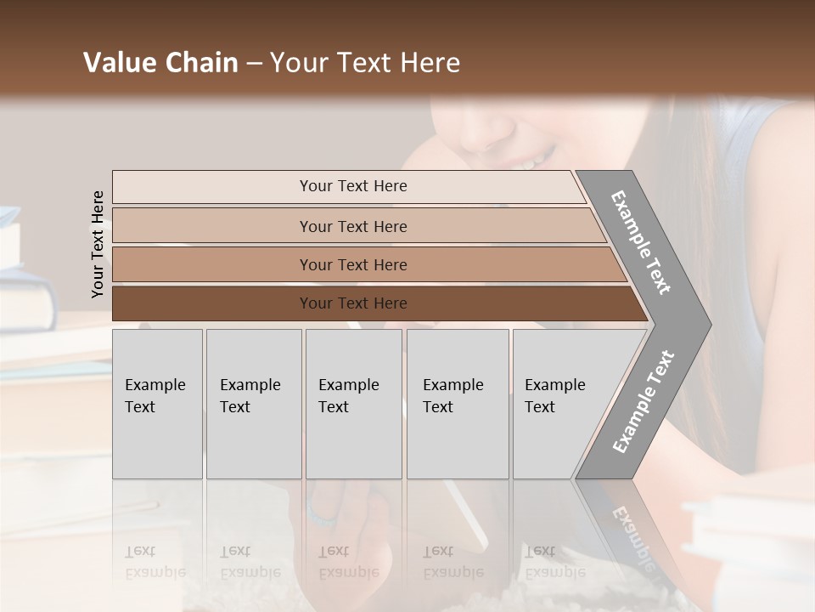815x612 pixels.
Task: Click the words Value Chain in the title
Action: pos(160,63)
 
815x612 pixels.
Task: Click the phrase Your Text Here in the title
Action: pos(365,63)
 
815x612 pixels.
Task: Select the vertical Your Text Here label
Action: pos(98,244)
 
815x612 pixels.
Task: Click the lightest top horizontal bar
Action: pos(353,186)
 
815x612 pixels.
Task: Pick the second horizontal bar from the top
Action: pos(353,226)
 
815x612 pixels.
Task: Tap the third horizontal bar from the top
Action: pos(353,264)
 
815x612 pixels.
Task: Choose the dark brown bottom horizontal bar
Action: pos(353,303)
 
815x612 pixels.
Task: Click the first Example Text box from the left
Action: pos(157,404)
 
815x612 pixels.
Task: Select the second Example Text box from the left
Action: pos(254,404)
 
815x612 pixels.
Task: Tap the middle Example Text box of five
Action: pos(353,404)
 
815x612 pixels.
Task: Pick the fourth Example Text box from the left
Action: pos(458,404)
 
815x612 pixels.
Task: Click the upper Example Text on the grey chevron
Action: pos(641,242)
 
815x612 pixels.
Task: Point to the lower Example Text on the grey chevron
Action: pos(644,401)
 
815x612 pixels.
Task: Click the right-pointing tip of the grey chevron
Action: pos(706,325)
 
